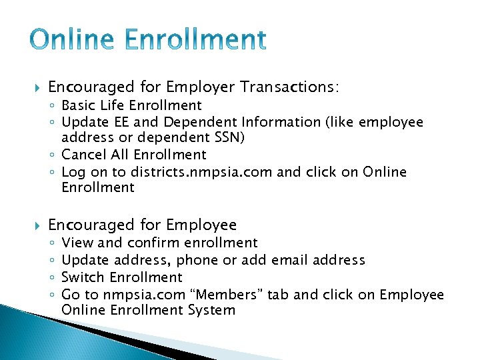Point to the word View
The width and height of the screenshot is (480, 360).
point(77,243)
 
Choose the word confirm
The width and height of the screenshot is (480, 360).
point(153,243)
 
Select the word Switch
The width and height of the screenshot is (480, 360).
point(83,277)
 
